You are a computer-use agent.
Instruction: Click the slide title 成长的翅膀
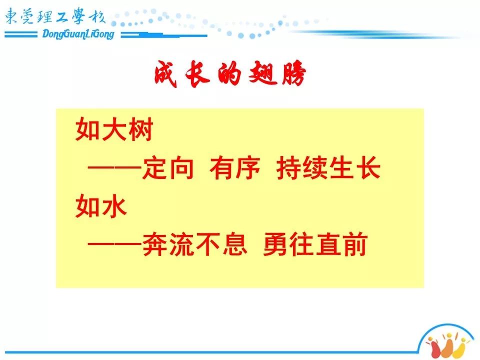pyautogui.click(x=230, y=73)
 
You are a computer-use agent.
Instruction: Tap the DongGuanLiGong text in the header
pyautogui.click(x=78, y=34)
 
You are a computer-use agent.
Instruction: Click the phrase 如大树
pyautogui.click(x=114, y=129)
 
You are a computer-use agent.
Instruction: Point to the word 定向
pyautogui.click(x=168, y=168)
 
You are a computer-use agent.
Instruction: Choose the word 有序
pyautogui.click(x=235, y=168)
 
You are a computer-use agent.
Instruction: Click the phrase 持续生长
pyautogui.click(x=328, y=168)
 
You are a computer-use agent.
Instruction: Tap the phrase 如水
pyautogui.click(x=101, y=206)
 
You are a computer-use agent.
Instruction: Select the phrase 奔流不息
pyautogui.click(x=194, y=244)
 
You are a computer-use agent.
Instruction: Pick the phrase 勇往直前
pyautogui.click(x=315, y=244)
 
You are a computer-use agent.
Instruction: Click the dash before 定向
pyautogui.click(x=114, y=168)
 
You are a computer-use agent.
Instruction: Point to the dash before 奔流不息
pyautogui.click(x=114, y=244)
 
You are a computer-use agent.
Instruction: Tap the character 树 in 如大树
pyautogui.click(x=140, y=129)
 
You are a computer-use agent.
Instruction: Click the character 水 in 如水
pyautogui.click(x=114, y=206)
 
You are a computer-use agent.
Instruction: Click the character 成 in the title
pyautogui.click(x=165, y=74)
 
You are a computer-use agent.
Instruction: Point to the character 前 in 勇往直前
pyautogui.click(x=355, y=244)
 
